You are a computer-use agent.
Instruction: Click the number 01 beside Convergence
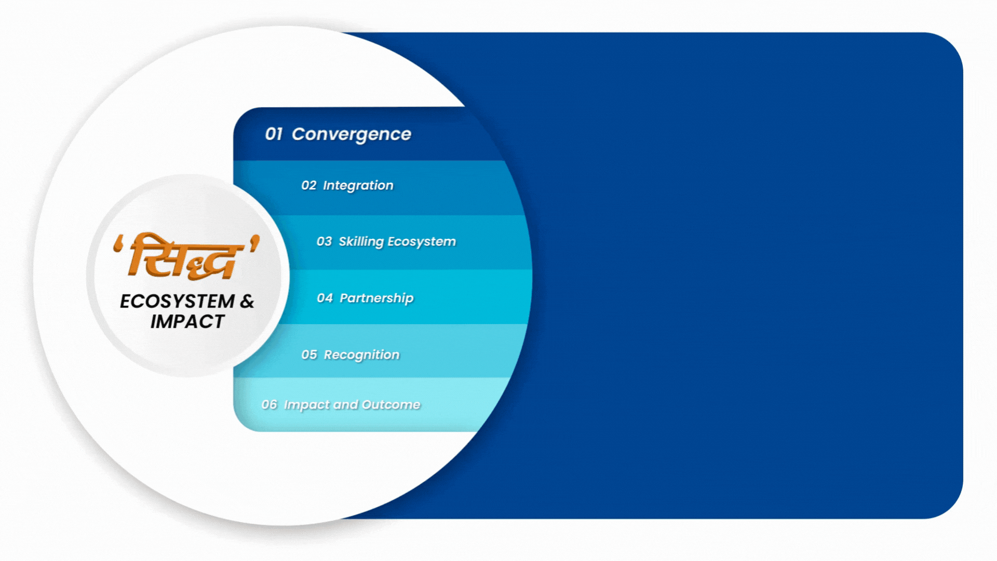[274, 134]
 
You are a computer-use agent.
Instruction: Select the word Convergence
[352, 135]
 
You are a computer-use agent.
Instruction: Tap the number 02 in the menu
[308, 185]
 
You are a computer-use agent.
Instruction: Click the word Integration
[358, 186]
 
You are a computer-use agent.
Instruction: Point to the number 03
[324, 242]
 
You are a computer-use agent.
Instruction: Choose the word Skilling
[361, 242]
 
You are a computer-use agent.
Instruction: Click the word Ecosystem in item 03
[422, 242]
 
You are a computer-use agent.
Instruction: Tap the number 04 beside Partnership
[325, 298]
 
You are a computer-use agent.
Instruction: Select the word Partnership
[376, 299]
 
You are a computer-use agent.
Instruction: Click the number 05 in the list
[309, 355]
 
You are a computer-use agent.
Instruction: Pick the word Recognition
[362, 355]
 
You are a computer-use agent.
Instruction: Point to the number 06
[269, 405]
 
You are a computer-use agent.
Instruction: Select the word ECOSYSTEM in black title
[178, 301]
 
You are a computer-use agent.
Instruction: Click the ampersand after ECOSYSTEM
[247, 301]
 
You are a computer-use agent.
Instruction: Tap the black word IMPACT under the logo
[187, 322]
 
